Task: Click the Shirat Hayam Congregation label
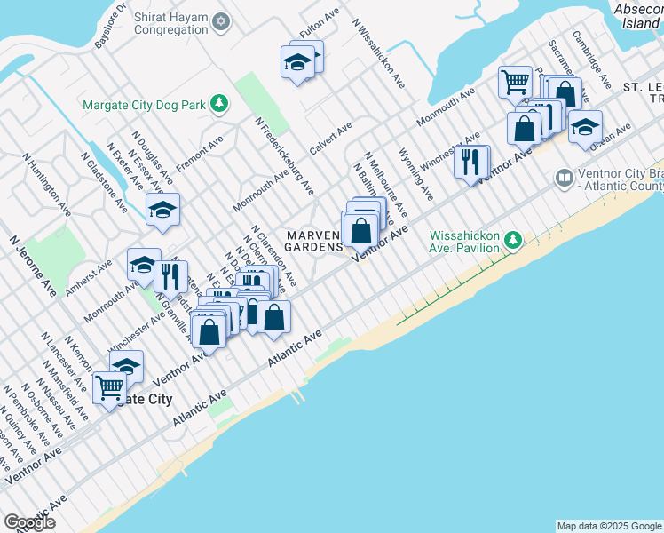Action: click(x=170, y=23)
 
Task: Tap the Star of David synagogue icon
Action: click(x=222, y=21)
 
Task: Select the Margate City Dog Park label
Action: click(x=145, y=105)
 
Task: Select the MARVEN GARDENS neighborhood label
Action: click(x=314, y=241)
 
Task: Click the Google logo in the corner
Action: click(x=29, y=522)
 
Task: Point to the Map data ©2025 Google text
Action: click(x=609, y=526)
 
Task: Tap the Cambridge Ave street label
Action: click(x=591, y=59)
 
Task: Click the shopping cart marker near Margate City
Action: click(x=109, y=388)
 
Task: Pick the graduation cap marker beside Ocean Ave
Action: click(x=585, y=126)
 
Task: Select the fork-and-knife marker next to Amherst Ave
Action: click(x=170, y=276)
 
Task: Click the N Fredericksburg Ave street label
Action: click(x=284, y=155)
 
